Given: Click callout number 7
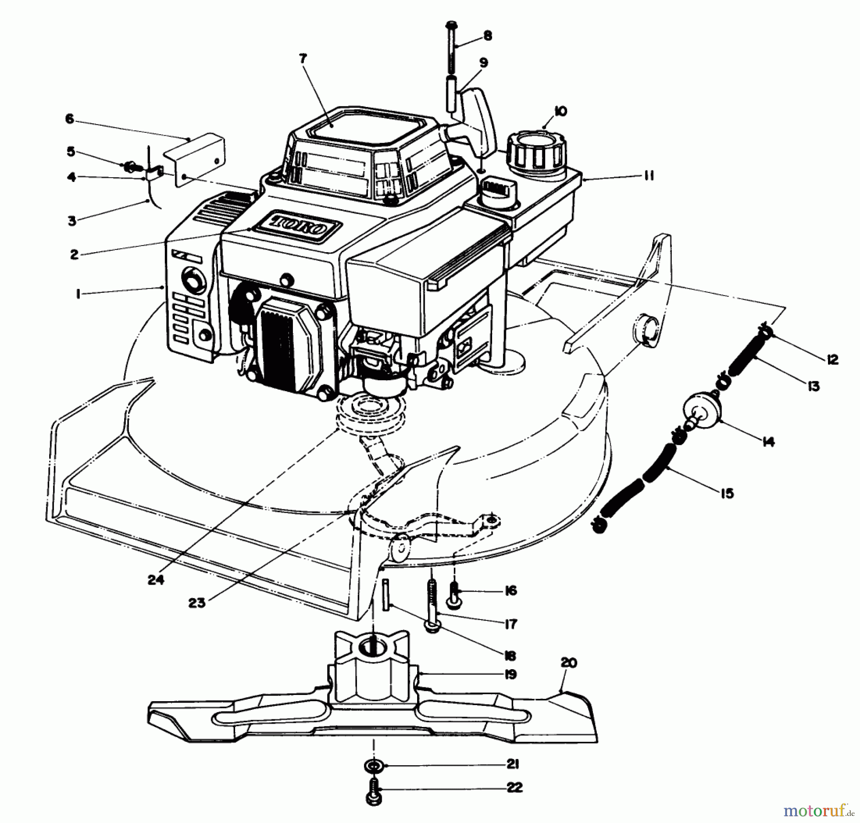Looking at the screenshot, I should click(x=303, y=59).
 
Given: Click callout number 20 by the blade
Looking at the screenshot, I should click(x=569, y=663).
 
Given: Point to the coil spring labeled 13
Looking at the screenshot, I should click(x=745, y=356).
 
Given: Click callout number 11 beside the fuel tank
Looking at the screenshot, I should click(x=647, y=176).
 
